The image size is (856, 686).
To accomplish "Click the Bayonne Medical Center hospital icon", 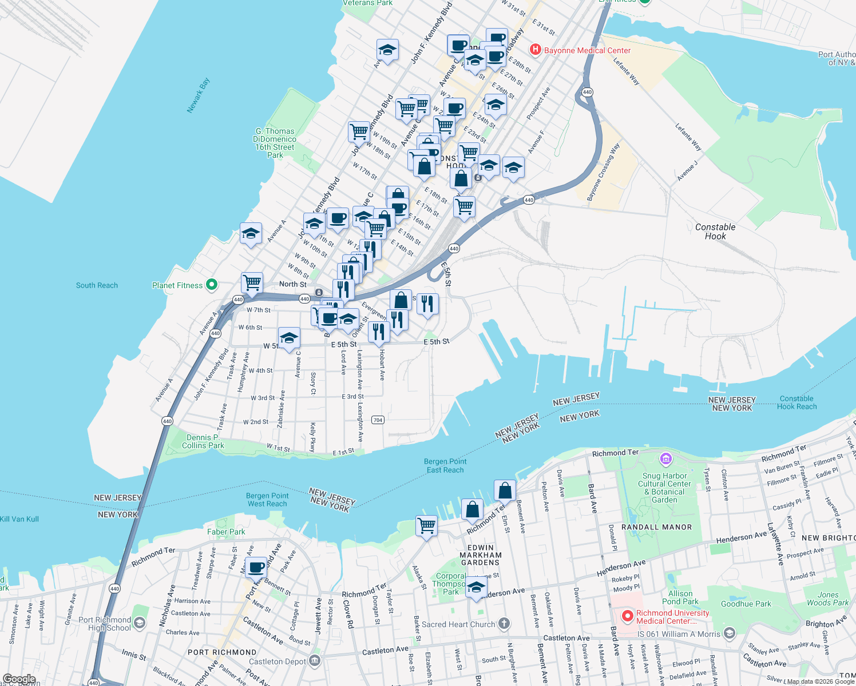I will (x=536, y=50).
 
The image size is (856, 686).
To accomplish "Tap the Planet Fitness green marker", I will (x=212, y=285).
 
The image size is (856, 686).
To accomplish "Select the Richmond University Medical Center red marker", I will (x=627, y=616).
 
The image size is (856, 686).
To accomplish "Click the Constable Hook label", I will (x=715, y=232).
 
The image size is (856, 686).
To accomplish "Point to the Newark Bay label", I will (x=199, y=95).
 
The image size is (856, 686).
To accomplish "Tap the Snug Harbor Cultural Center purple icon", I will (x=665, y=459).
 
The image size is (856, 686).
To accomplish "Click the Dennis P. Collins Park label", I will (x=203, y=441).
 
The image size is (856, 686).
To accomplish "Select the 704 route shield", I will (x=378, y=420).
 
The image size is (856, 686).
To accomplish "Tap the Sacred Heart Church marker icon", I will (x=504, y=624).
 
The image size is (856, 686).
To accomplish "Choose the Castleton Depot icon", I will (x=314, y=661).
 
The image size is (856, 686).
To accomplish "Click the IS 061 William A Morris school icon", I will (x=729, y=633).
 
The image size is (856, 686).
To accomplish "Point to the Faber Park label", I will (x=226, y=532).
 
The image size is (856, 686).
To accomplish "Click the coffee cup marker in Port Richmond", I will (x=256, y=568).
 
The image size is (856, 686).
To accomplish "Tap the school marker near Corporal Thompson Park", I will (x=476, y=587).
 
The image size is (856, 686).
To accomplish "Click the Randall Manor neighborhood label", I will (x=656, y=527).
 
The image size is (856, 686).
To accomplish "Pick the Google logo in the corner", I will (x=19, y=679).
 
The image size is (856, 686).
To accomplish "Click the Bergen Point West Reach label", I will (x=267, y=500).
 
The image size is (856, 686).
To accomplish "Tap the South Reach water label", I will (x=97, y=285).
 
